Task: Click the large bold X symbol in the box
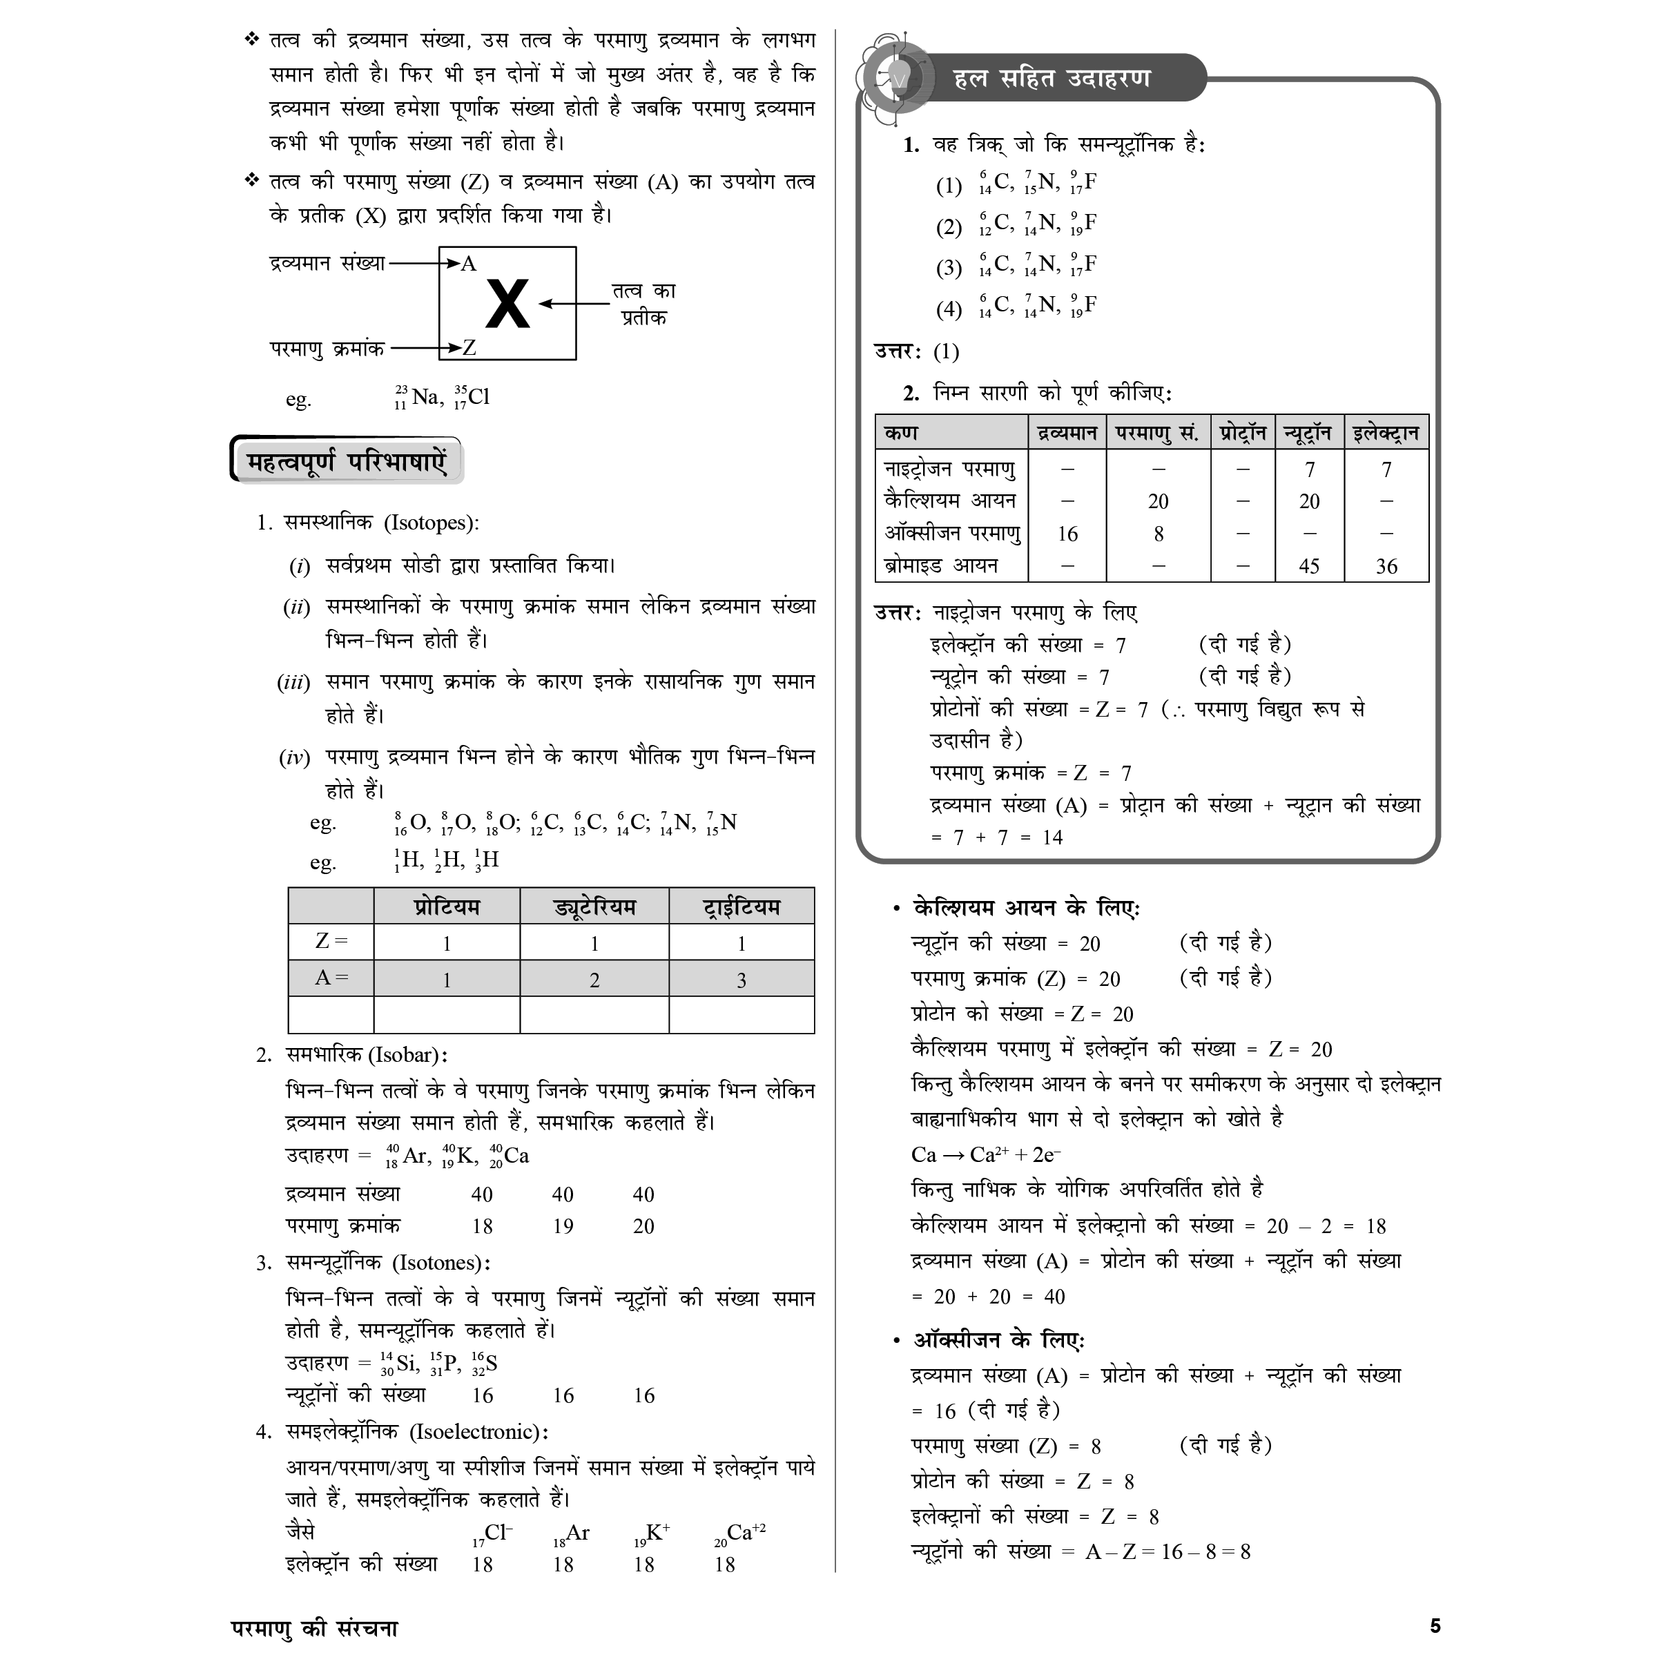click(x=507, y=304)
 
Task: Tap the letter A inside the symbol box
click(x=468, y=263)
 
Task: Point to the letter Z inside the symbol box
click(x=469, y=347)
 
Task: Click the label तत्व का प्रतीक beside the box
click(x=644, y=304)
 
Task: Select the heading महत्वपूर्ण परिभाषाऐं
click(x=347, y=463)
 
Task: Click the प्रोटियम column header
click(x=446, y=907)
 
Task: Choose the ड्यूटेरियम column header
click(x=594, y=907)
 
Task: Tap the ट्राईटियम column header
click(x=741, y=907)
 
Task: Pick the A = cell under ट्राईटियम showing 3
click(x=741, y=980)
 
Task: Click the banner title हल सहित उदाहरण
click(x=1052, y=79)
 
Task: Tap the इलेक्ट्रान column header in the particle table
click(x=1385, y=433)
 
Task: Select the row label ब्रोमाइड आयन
click(x=941, y=566)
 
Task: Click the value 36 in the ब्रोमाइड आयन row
click(x=1386, y=566)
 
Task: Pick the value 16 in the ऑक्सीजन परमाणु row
click(x=1067, y=534)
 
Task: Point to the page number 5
click(x=1435, y=1626)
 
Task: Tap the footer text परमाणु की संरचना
click(x=315, y=1628)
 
